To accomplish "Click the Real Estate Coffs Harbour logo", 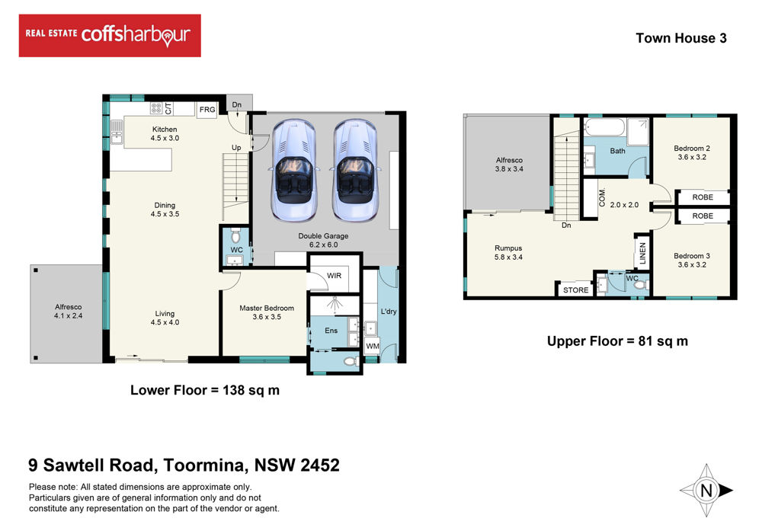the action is pos(110,36).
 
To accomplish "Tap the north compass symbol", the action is pos(706,490).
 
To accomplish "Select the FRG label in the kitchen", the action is pos(207,109).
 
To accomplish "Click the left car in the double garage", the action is pos(293,170).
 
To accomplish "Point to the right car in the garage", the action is pos(355,170).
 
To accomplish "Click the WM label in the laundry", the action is pos(373,346).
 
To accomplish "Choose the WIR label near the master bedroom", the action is pos(334,276).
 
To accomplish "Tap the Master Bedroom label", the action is pos(267,308).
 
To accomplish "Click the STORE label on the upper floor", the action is pos(576,290).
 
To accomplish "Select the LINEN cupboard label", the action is pos(642,254).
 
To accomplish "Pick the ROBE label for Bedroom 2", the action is pos(703,197).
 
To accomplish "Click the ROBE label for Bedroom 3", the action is pos(703,216).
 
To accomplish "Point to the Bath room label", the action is pos(618,151).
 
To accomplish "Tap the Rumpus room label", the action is pos(508,248).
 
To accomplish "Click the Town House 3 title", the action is pos(681,38).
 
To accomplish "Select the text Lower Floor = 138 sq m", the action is pos(204,390).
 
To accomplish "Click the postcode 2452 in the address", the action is pos(320,465).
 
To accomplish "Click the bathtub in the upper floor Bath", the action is pos(605,128).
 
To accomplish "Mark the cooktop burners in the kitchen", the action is pos(156,108).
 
